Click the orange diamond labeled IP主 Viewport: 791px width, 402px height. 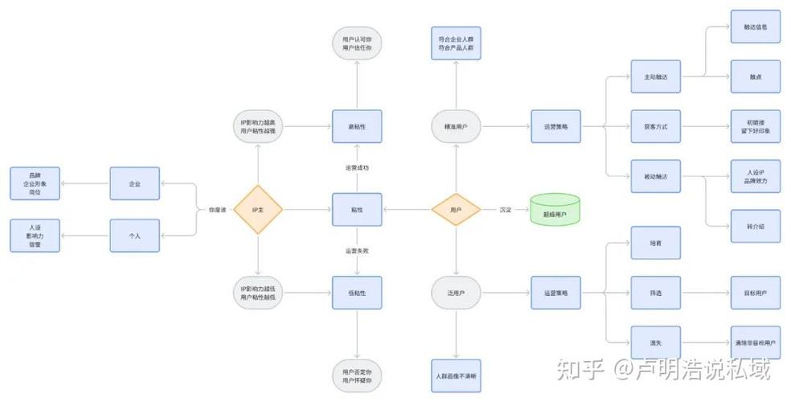[x=258, y=210]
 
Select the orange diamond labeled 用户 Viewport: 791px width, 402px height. [x=456, y=210]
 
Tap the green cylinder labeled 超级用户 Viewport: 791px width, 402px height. [x=555, y=211]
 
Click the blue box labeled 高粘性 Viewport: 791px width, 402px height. [x=357, y=127]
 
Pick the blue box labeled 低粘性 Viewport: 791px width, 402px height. [x=357, y=293]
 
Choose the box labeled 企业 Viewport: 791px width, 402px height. [x=134, y=183]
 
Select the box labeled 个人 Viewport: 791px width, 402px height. [x=134, y=236]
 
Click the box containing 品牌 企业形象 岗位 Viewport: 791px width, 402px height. [x=35, y=183]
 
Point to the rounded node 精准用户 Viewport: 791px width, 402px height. [x=456, y=127]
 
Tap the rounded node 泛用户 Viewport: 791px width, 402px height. [x=456, y=293]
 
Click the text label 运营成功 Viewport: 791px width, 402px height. [x=357, y=168]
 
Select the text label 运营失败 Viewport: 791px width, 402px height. [x=357, y=252]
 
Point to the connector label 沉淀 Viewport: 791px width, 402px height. [x=505, y=210]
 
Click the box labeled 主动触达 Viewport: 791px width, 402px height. [x=655, y=77]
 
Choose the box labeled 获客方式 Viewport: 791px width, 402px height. [x=655, y=127]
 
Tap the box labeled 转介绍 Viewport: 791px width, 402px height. [x=755, y=228]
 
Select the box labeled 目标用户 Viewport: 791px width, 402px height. [x=755, y=293]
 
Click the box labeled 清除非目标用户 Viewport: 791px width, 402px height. [x=755, y=343]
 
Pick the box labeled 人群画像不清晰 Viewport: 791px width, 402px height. [x=456, y=376]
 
